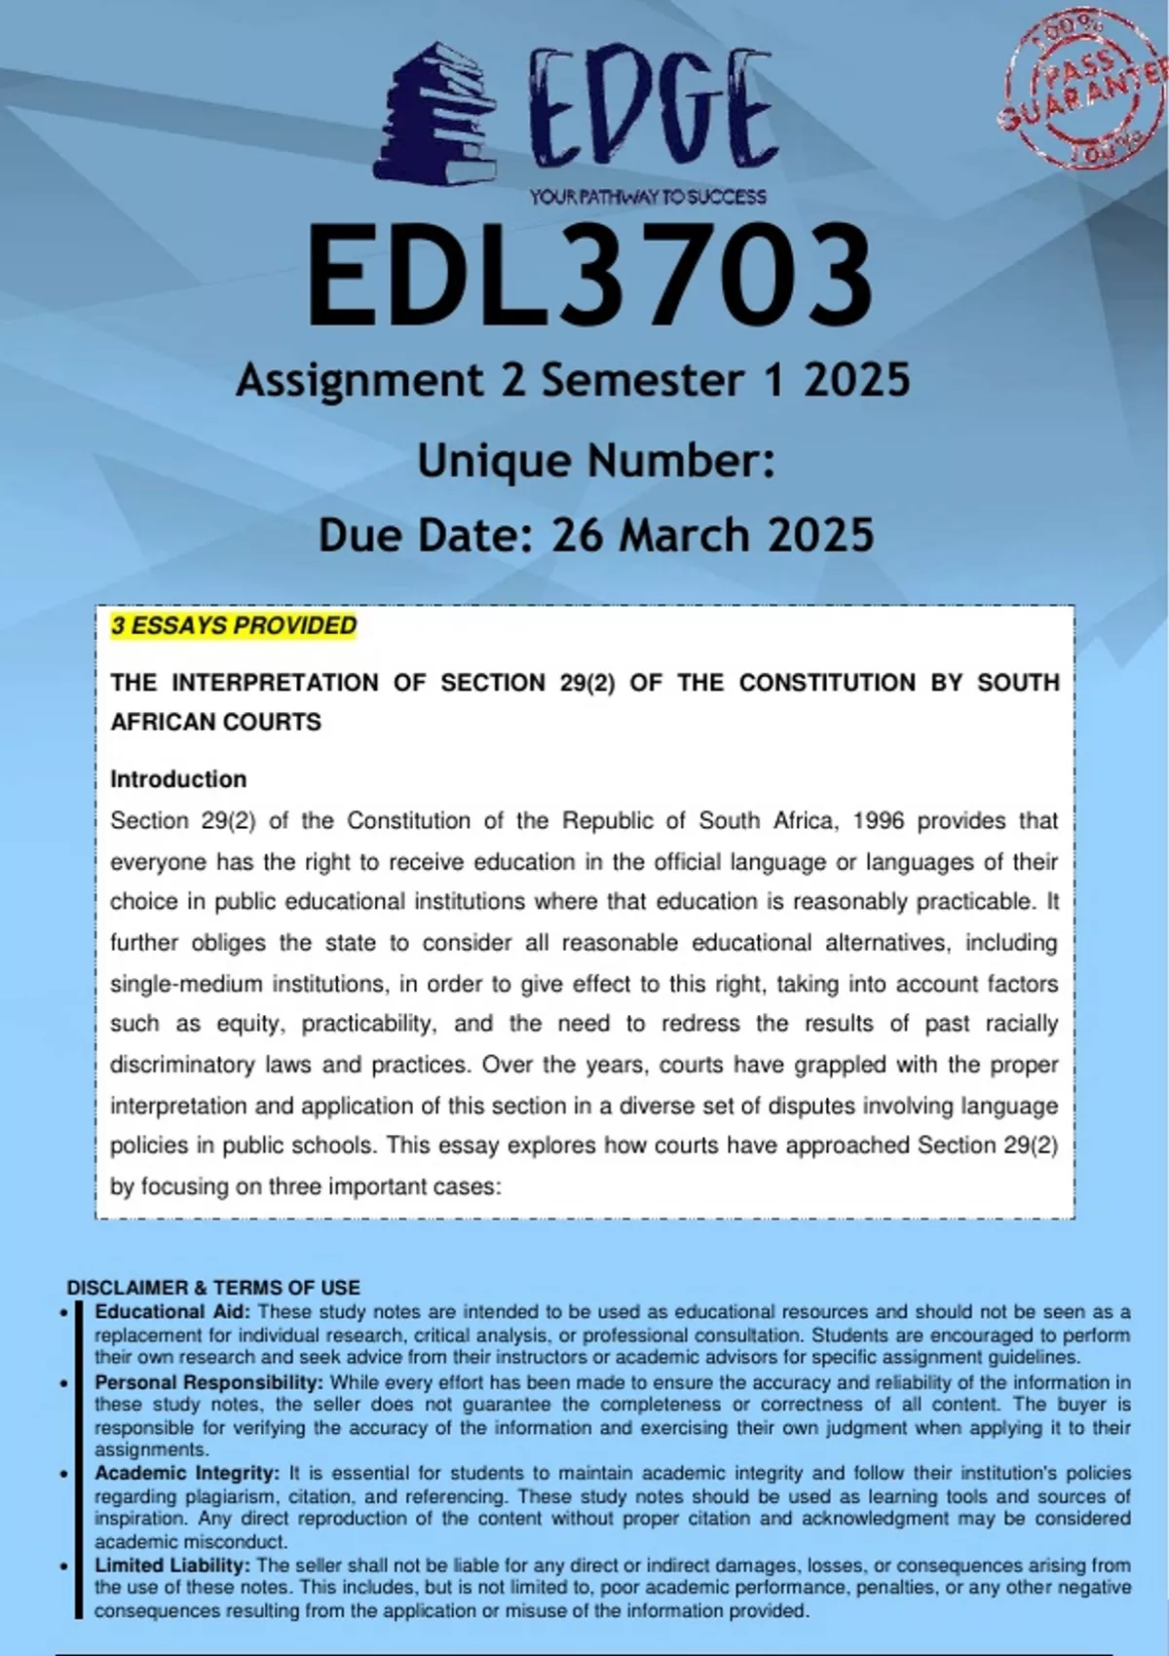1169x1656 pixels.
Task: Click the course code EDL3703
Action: point(590,276)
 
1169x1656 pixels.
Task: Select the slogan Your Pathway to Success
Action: point(648,197)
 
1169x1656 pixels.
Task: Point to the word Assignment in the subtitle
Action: point(359,380)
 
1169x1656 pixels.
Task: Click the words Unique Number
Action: point(595,461)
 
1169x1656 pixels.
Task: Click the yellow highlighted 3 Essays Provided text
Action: point(234,625)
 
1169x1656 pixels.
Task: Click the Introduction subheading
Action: point(178,779)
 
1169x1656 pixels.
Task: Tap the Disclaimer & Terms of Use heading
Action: point(213,1288)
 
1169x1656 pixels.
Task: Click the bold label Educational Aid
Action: point(172,1312)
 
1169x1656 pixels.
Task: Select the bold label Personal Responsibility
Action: point(208,1382)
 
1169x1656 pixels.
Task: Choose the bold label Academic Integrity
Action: point(187,1473)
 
